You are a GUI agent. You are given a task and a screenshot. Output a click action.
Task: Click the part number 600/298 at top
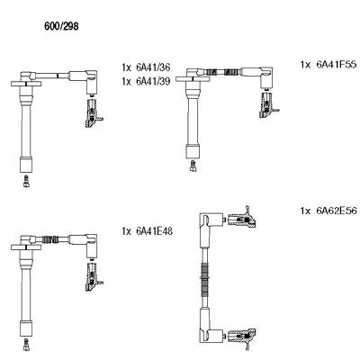point(61,26)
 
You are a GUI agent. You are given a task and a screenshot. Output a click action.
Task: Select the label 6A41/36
point(153,67)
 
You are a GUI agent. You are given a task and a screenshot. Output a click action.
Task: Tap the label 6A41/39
point(153,81)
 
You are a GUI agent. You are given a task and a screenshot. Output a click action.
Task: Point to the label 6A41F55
point(337,64)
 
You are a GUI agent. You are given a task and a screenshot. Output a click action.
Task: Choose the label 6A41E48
point(155,231)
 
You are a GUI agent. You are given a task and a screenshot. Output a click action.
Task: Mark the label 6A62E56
point(337,211)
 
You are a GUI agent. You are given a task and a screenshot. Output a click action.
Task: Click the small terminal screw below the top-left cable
point(26,181)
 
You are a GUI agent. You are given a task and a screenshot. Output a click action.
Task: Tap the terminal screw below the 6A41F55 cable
point(193,166)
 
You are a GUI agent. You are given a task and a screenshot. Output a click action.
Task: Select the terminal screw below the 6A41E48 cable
point(26,345)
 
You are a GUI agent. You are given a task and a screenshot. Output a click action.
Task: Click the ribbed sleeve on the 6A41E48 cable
point(49,239)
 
